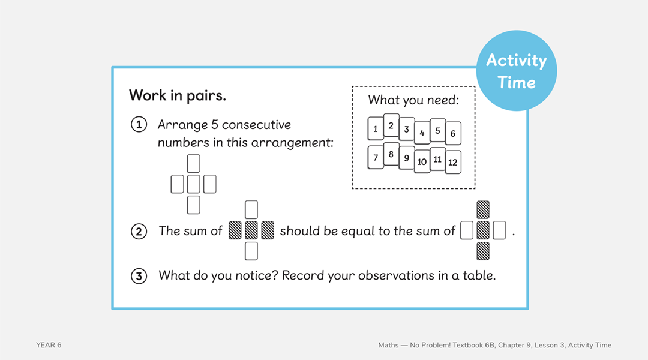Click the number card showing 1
pyautogui.click(x=376, y=128)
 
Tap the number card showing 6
pyautogui.click(x=453, y=133)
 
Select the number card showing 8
pyautogui.click(x=391, y=154)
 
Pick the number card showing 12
pyautogui.click(x=453, y=162)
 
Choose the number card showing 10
pyautogui.click(x=422, y=161)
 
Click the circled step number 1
pyautogui.click(x=139, y=125)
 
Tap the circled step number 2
pyautogui.click(x=139, y=231)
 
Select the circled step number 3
pyautogui.click(x=139, y=276)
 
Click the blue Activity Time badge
pyautogui.click(x=516, y=71)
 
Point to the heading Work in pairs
pyautogui.click(x=178, y=95)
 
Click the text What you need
pyautogui.click(x=413, y=100)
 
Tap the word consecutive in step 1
pyautogui.click(x=256, y=125)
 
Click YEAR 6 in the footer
pyautogui.click(x=49, y=345)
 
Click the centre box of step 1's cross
pyautogui.click(x=193, y=184)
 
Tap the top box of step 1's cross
pyautogui.click(x=193, y=163)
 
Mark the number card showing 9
pyautogui.click(x=407, y=158)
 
